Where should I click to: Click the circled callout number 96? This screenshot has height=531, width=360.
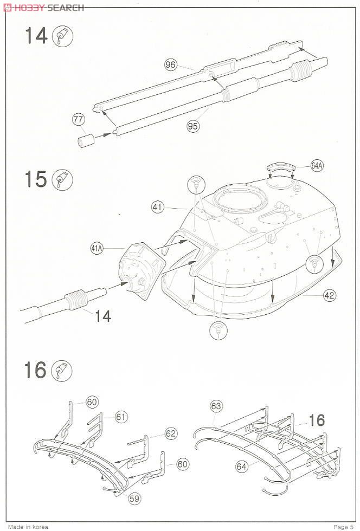tap(171, 65)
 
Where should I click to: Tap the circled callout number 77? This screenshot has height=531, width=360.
tap(78, 119)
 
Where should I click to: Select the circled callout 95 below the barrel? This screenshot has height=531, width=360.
tap(194, 126)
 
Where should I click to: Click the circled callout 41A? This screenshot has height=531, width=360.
tap(97, 248)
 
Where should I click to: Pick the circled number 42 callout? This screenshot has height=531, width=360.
tap(329, 295)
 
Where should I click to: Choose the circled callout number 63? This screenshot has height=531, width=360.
tap(216, 405)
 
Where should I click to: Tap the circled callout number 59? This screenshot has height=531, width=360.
tap(133, 498)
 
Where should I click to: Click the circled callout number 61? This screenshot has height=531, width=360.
tap(120, 416)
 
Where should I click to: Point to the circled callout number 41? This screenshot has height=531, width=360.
tap(158, 206)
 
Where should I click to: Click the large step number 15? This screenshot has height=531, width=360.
tap(35, 179)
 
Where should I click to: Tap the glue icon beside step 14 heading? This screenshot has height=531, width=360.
tap(62, 36)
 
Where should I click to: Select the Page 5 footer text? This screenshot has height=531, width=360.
tap(343, 527)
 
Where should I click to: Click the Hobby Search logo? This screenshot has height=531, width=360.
tap(43, 7)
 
